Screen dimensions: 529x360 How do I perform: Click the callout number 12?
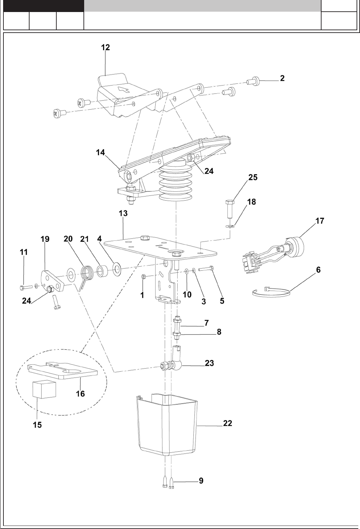tap(105, 48)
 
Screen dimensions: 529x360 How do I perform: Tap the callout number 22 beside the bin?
tap(227, 423)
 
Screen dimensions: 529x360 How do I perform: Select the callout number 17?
tap(319, 221)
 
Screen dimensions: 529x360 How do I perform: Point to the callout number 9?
tap(201, 481)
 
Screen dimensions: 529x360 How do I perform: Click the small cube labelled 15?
tap(44, 389)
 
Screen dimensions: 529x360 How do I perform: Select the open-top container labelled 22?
tap(167, 426)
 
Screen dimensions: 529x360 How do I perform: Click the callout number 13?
tap(123, 213)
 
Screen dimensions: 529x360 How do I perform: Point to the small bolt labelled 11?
tap(26, 286)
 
